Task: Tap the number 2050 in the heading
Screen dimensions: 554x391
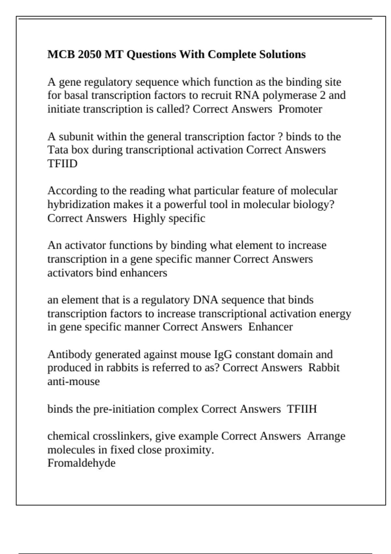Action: tap(90, 54)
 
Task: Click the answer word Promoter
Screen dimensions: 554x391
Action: tap(300, 109)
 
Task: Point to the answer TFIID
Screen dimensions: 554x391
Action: tap(63, 163)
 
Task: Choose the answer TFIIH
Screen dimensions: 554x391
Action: tap(302, 409)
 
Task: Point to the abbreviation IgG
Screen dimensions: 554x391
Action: tap(223, 354)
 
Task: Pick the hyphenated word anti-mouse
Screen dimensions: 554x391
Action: tap(74, 381)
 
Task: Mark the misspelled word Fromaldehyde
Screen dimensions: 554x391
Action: tap(81, 463)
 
